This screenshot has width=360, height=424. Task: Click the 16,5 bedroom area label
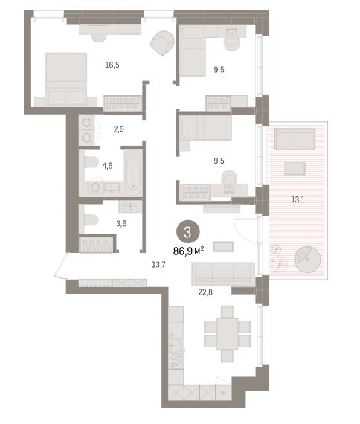[112, 65]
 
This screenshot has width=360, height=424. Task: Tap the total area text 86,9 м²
[188, 251]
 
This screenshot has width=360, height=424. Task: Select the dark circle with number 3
[188, 233]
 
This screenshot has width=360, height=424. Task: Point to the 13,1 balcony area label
[298, 199]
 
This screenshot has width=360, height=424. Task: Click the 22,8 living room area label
[205, 292]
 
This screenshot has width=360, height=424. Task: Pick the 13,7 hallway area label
[158, 265]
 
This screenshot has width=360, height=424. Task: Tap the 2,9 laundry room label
[119, 129]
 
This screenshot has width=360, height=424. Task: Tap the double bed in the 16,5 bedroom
[66, 80]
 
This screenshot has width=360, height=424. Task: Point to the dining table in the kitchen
[227, 334]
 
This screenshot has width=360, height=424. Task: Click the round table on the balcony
[307, 259]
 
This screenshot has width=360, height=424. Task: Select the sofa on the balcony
[295, 138]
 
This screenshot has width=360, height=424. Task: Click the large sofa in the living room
[223, 274]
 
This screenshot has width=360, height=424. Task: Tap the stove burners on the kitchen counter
[176, 361]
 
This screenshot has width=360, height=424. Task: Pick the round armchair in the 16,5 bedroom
[162, 42]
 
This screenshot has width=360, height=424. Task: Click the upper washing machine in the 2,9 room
[86, 123]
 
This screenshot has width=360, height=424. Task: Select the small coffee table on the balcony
[295, 169]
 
